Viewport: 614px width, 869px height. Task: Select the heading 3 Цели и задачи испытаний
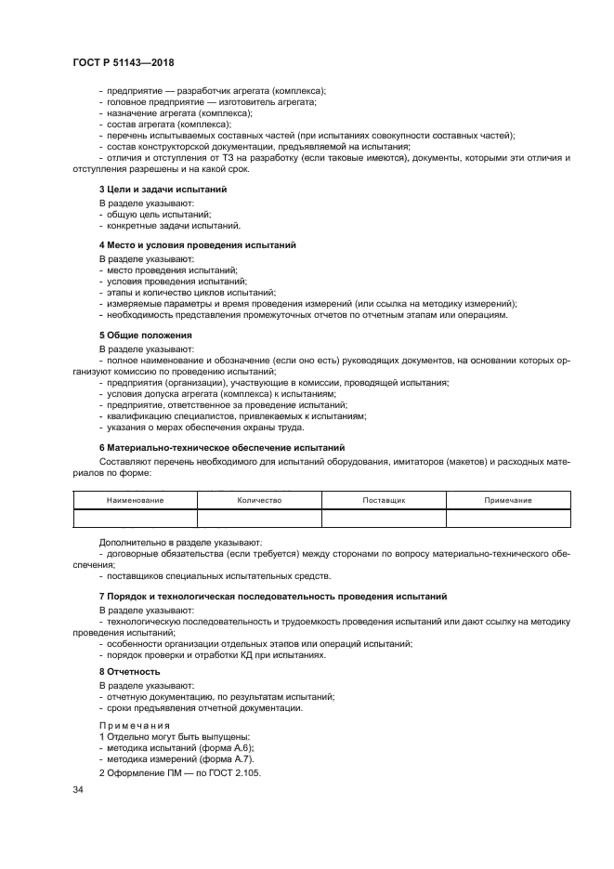pos(163,189)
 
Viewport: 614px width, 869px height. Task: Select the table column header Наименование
pos(135,500)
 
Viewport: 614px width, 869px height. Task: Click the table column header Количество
pos(259,500)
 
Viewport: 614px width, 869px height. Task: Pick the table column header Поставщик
pos(384,500)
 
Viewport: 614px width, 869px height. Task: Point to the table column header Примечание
pos(508,500)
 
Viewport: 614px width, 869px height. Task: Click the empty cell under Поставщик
pos(384,519)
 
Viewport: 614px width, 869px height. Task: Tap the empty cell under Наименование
pos(135,519)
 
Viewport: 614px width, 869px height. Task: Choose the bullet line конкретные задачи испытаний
pos(174,225)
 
